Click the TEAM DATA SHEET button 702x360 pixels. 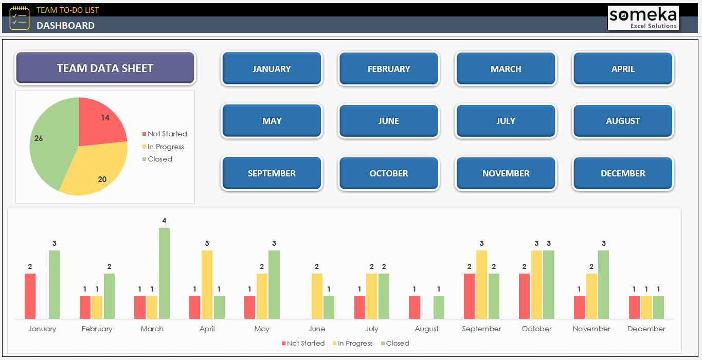click(105, 68)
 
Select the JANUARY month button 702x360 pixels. click(272, 68)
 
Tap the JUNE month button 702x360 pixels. click(388, 121)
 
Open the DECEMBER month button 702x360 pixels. click(622, 173)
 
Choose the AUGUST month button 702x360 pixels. click(622, 121)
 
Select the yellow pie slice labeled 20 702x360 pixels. click(95, 170)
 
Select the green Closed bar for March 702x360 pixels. click(164, 273)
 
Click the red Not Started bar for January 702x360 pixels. click(30, 296)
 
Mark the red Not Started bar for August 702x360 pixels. click(415, 307)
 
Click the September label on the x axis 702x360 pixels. click(481, 329)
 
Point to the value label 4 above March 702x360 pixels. click(164, 221)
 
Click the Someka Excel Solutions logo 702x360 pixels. click(643, 18)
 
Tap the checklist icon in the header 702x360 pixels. click(19, 17)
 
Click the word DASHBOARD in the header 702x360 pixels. click(65, 25)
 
